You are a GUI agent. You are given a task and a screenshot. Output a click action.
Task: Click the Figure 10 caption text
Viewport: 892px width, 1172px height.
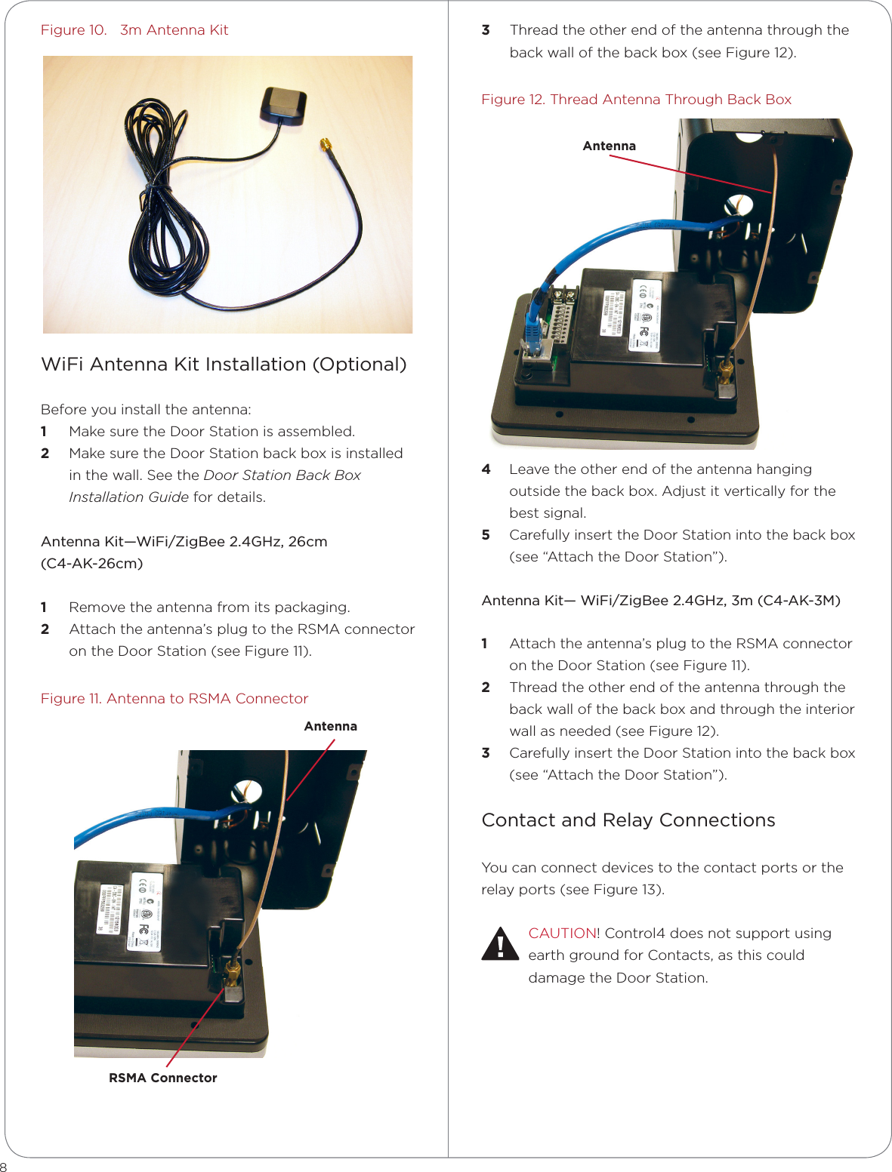point(134,30)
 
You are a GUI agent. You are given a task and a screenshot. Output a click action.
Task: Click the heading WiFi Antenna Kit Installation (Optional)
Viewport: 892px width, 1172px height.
point(224,365)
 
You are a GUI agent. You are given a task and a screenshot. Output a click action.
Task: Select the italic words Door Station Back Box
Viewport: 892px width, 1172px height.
point(282,475)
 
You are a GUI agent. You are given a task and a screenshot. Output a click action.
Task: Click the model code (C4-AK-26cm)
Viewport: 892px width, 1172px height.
point(91,564)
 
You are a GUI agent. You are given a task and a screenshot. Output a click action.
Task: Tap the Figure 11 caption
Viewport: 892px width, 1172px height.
point(174,699)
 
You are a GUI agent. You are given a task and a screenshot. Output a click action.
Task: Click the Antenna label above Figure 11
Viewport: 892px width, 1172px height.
point(330,727)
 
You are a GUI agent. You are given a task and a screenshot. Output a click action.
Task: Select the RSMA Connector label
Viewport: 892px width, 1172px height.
point(162,1078)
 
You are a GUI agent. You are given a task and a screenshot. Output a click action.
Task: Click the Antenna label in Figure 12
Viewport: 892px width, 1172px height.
point(609,146)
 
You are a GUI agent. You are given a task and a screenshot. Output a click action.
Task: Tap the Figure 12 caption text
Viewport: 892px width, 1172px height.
point(636,100)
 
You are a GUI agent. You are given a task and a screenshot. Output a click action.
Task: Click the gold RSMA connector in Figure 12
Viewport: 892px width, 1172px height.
point(726,371)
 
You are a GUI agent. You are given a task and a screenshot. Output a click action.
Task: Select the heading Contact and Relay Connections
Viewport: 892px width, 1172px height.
point(628,820)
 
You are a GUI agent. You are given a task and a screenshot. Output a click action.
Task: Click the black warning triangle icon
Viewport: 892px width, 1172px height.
point(499,945)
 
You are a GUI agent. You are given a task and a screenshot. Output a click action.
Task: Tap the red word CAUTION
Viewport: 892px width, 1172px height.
point(562,934)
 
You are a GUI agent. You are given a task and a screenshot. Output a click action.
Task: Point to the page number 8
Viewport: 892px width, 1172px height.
point(4,1166)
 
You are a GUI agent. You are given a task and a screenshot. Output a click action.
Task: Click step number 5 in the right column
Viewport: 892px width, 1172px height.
point(486,535)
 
